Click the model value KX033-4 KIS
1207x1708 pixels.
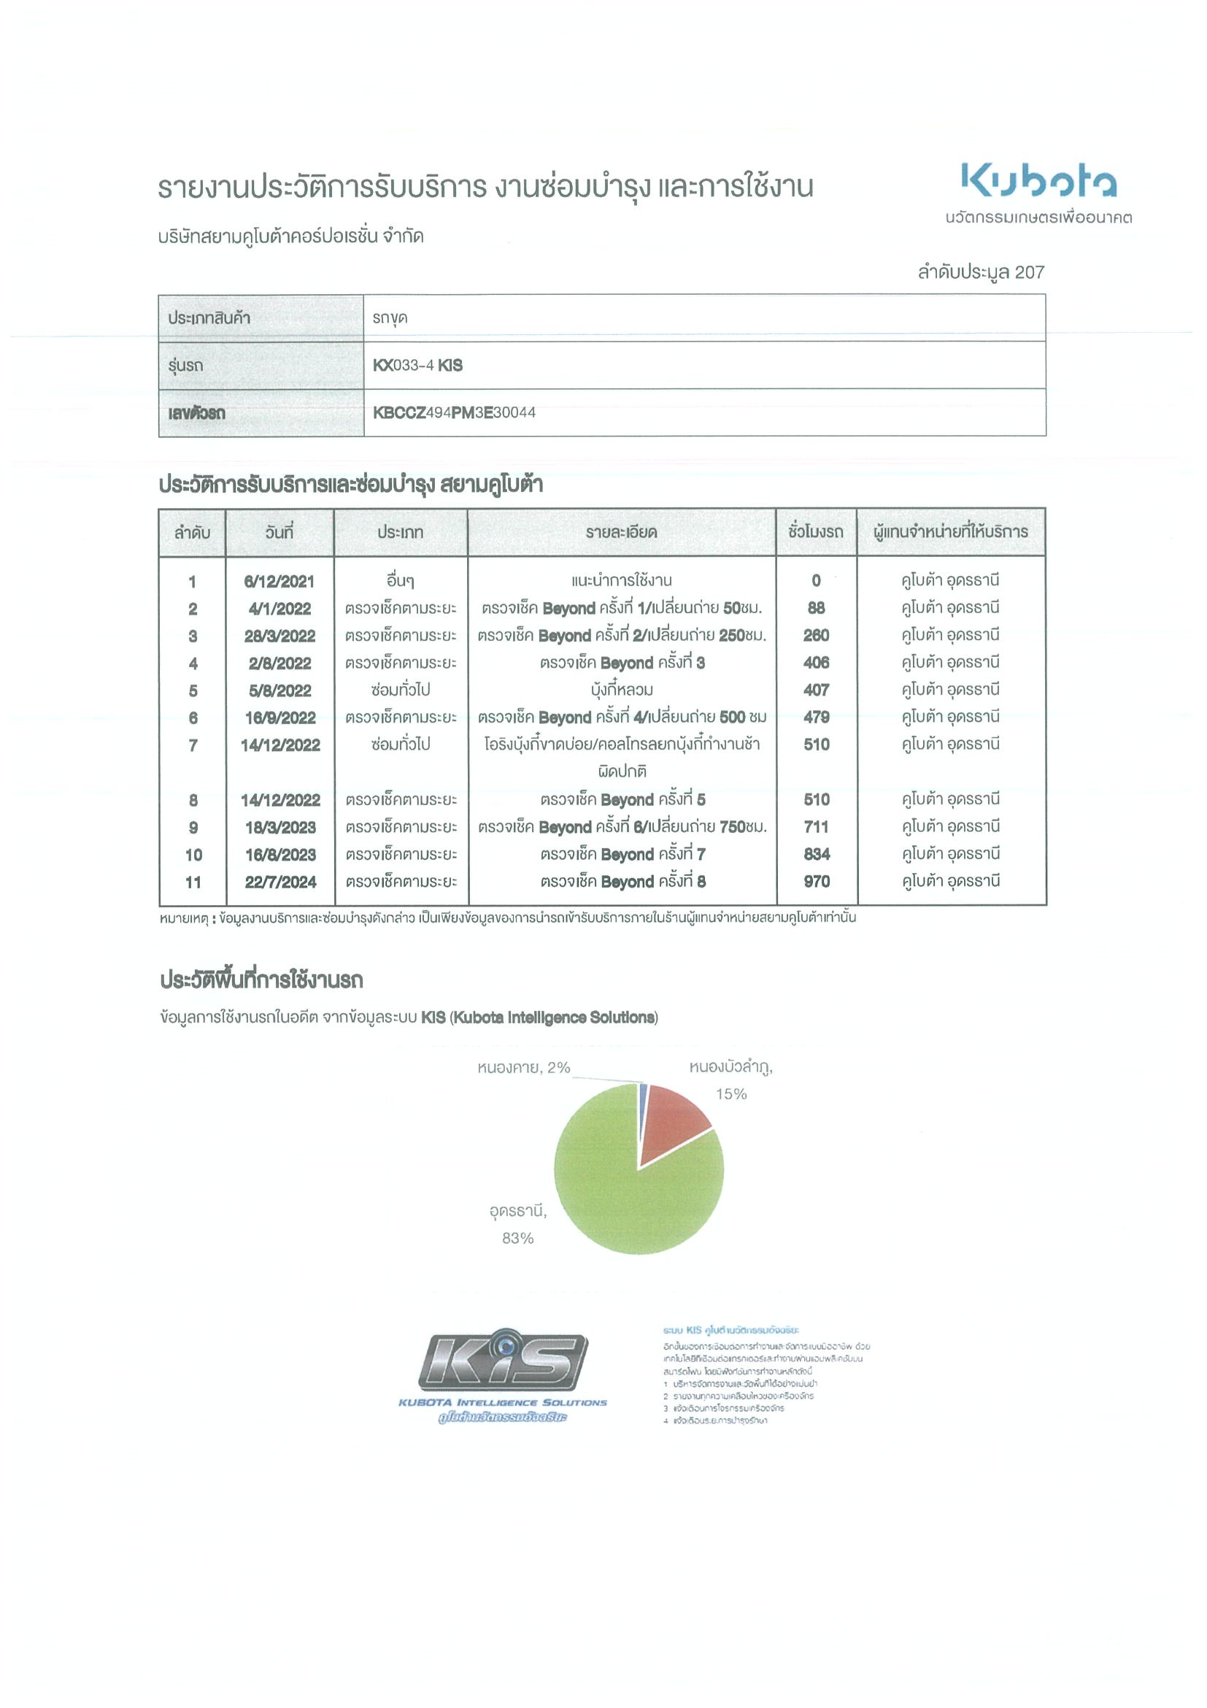[417, 365]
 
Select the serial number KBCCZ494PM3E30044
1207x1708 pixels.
[454, 413]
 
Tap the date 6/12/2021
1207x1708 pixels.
[279, 582]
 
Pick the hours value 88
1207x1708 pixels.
[816, 609]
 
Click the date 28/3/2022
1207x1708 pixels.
[279, 636]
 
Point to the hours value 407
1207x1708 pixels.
[816, 690]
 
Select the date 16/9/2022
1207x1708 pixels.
[279, 718]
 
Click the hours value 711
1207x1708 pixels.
[816, 827]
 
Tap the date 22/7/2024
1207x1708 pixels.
[280, 882]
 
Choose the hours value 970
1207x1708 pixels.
[816, 882]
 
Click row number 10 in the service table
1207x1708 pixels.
[193, 855]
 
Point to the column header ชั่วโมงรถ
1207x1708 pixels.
[815, 533]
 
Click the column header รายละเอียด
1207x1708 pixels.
[621, 533]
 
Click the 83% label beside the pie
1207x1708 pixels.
[517, 1238]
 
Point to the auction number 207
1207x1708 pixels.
[1029, 272]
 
